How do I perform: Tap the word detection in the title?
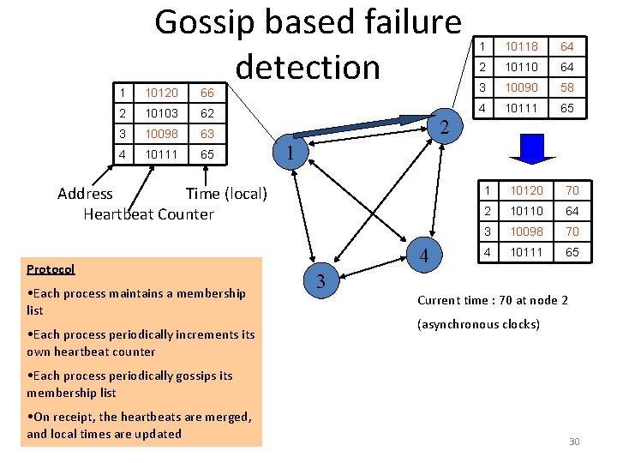click(308, 66)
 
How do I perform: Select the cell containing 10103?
click(160, 112)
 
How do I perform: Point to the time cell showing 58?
click(567, 87)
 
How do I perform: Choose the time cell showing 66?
click(207, 92)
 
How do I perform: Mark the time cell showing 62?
click(207, 112)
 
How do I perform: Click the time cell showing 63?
click(207, 134)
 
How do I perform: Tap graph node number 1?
click(291, 153)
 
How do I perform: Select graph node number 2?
click(443, 128)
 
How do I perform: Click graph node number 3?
click(320, 282)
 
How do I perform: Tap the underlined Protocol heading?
click(51, 269)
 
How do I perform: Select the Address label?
click(85, 194)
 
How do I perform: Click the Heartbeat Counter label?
click(148, 214)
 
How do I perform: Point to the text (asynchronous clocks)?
click(478, 325)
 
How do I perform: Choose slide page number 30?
click(574, 442)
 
